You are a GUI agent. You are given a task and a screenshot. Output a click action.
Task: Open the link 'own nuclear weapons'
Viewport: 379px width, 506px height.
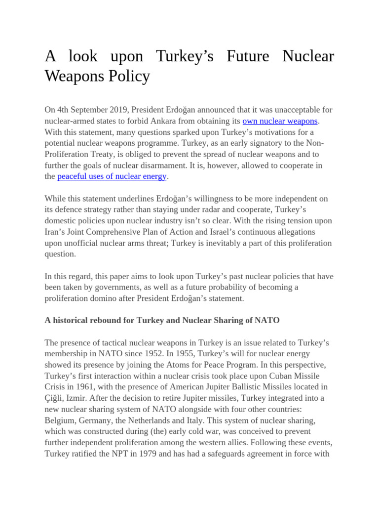[280, 121]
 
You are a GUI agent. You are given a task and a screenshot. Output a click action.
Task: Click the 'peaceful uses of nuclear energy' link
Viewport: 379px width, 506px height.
[112, 176]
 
